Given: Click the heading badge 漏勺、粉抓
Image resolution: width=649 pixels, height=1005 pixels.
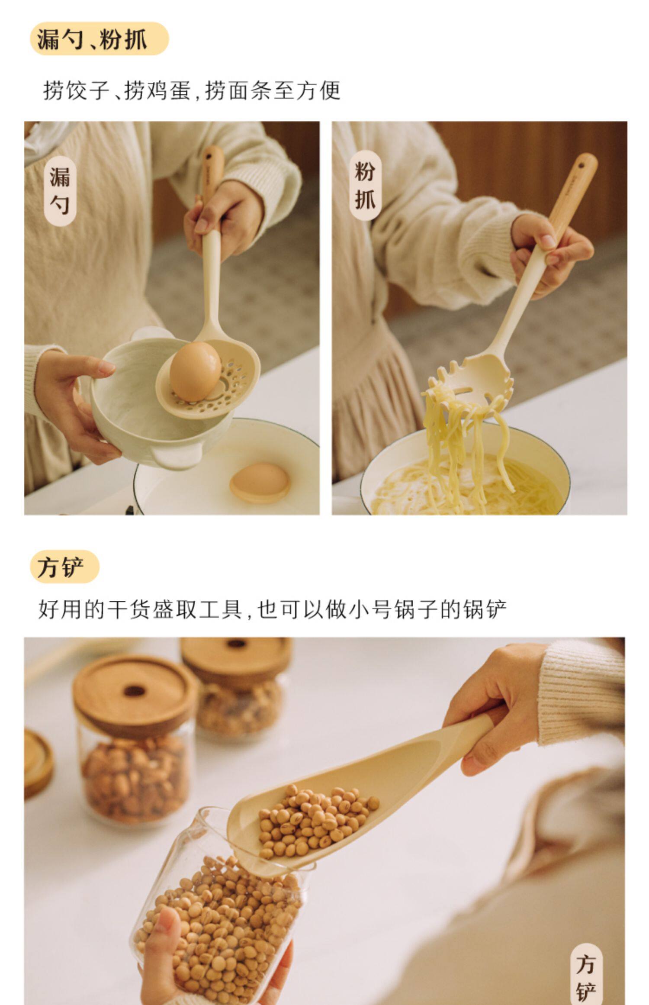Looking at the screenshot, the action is point(99,39).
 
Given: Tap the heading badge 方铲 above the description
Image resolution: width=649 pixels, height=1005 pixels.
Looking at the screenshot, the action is point(64,567).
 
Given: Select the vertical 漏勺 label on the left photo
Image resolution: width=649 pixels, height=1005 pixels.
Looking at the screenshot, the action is point(60,191).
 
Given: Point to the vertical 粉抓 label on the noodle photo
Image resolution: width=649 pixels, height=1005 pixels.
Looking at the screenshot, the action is point(365,185).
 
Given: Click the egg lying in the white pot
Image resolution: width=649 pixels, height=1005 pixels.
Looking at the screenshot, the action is point(260,482).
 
